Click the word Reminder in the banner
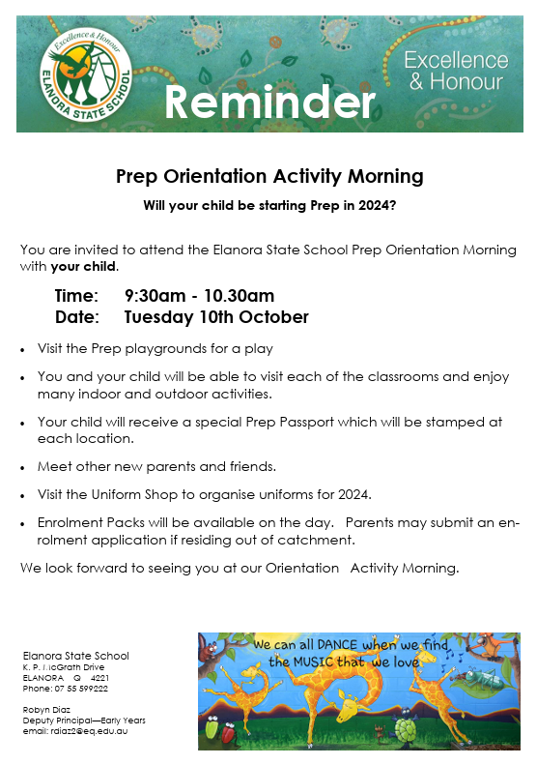[268, 102]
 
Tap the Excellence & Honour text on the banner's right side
[456, 72]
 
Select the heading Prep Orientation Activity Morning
[269, 177]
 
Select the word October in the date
[275, 317]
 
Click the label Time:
[76, 296]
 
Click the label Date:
[76, 317]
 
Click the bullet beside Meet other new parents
[23, 466]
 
